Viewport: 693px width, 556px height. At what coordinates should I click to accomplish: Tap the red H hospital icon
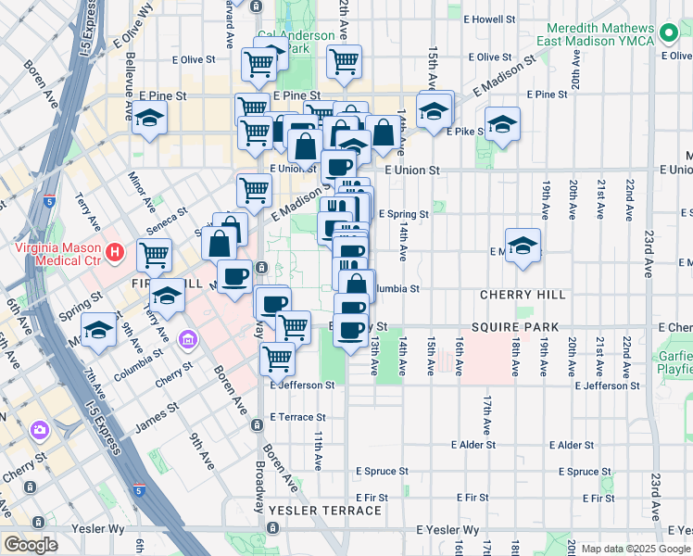(x=115, y=251)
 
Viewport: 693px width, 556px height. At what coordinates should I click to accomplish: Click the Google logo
(x=31, y=545)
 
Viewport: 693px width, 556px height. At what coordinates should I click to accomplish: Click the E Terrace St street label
(x=298, y=417)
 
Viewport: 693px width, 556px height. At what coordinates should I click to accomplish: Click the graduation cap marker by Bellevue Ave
(x=148, y=118)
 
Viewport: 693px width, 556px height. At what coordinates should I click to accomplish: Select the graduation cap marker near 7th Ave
(x=98, y=331)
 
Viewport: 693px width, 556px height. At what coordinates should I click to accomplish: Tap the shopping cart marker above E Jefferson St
(x=278, y=357)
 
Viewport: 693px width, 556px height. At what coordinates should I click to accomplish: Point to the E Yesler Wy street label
(x=448, y=530)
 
